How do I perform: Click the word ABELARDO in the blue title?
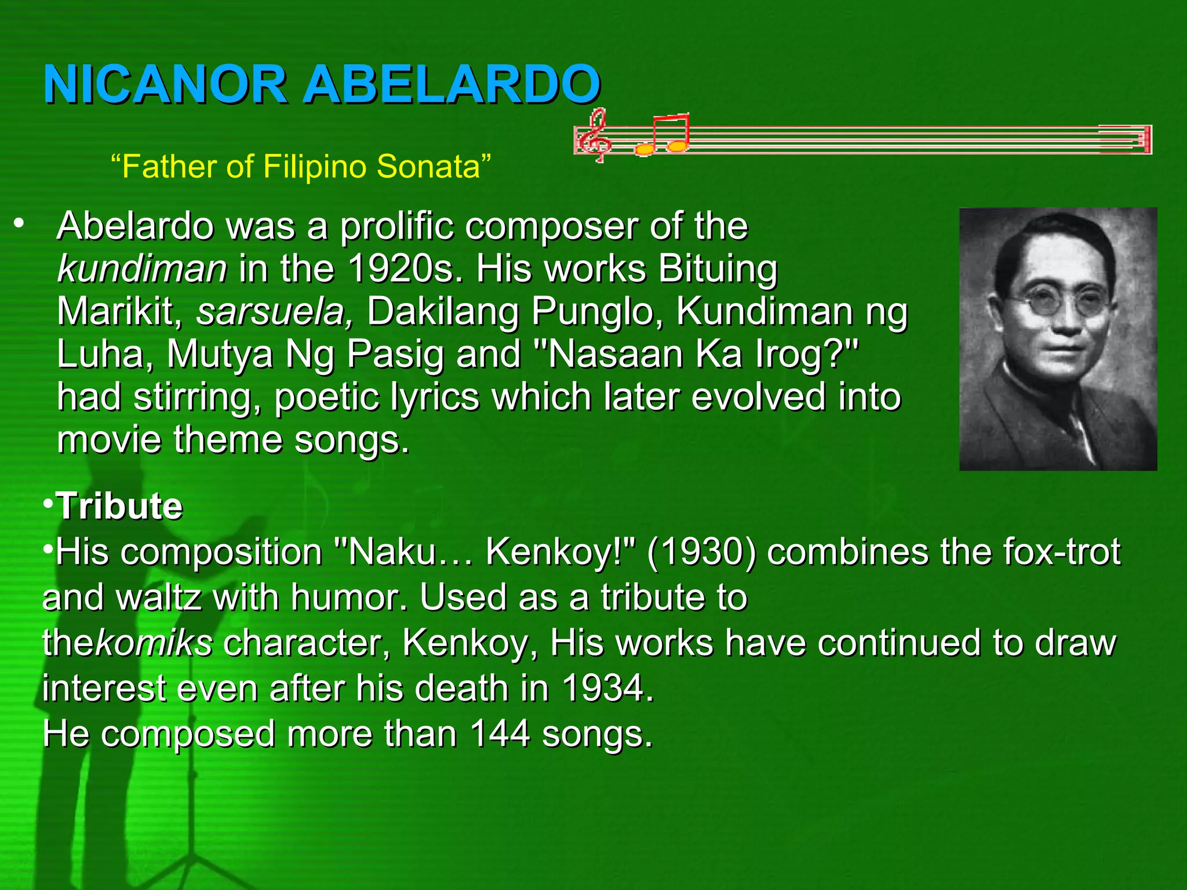[x=452, y=85]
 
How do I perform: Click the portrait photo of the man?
[x=1058, y=338]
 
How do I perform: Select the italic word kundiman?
[x=142, y=269]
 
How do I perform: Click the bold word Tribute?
[x=119, y=506]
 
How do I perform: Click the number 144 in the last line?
[x=500, y=734]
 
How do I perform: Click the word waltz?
[x=159, y=597]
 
